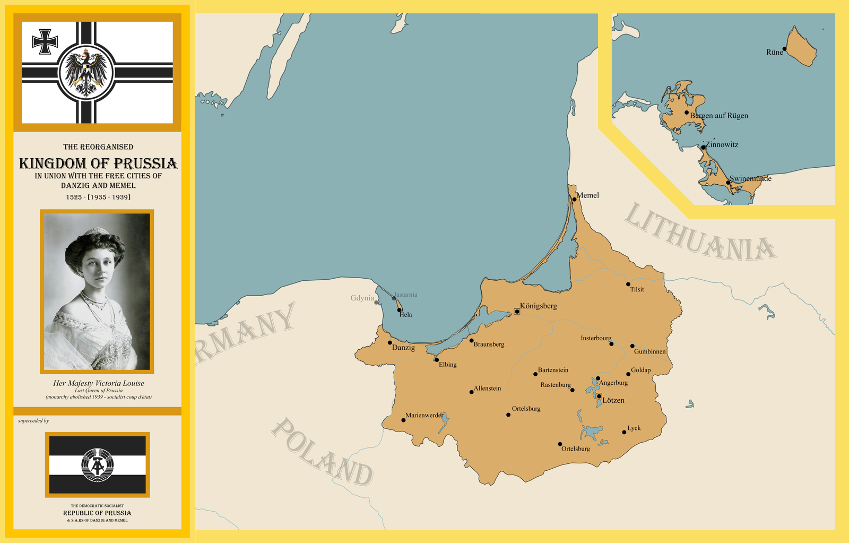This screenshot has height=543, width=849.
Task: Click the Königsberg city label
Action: pos(538,306)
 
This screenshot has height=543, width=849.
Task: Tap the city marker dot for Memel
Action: pos(574,200)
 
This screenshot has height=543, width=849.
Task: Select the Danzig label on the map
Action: pos(403,348)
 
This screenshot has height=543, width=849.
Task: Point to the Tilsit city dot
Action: pos(628,285)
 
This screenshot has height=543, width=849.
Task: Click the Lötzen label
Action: pos(613,400)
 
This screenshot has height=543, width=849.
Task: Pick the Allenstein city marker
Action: pos(471,392)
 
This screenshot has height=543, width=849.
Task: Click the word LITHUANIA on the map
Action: pos(700,234)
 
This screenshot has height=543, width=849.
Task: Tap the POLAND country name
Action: pos(323,452)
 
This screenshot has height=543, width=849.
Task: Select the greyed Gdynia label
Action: pos(362,298)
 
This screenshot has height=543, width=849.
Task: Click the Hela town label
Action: pos(405,315)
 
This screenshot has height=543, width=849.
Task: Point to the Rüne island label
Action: pos(774,52)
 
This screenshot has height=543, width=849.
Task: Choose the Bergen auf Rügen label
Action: pos(719,116)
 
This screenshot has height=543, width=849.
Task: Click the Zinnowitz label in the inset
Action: pos(722,144)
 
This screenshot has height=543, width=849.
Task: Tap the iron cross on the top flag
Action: pos(45,41)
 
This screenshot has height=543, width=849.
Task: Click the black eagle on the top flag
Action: pos(86,72)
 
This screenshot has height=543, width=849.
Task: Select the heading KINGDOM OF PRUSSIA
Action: pos(98,163)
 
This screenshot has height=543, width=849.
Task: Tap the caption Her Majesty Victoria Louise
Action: pos(98,383)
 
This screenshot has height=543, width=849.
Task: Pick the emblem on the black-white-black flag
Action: pos(97,465)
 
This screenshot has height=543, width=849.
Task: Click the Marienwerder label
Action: pos(424,415)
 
